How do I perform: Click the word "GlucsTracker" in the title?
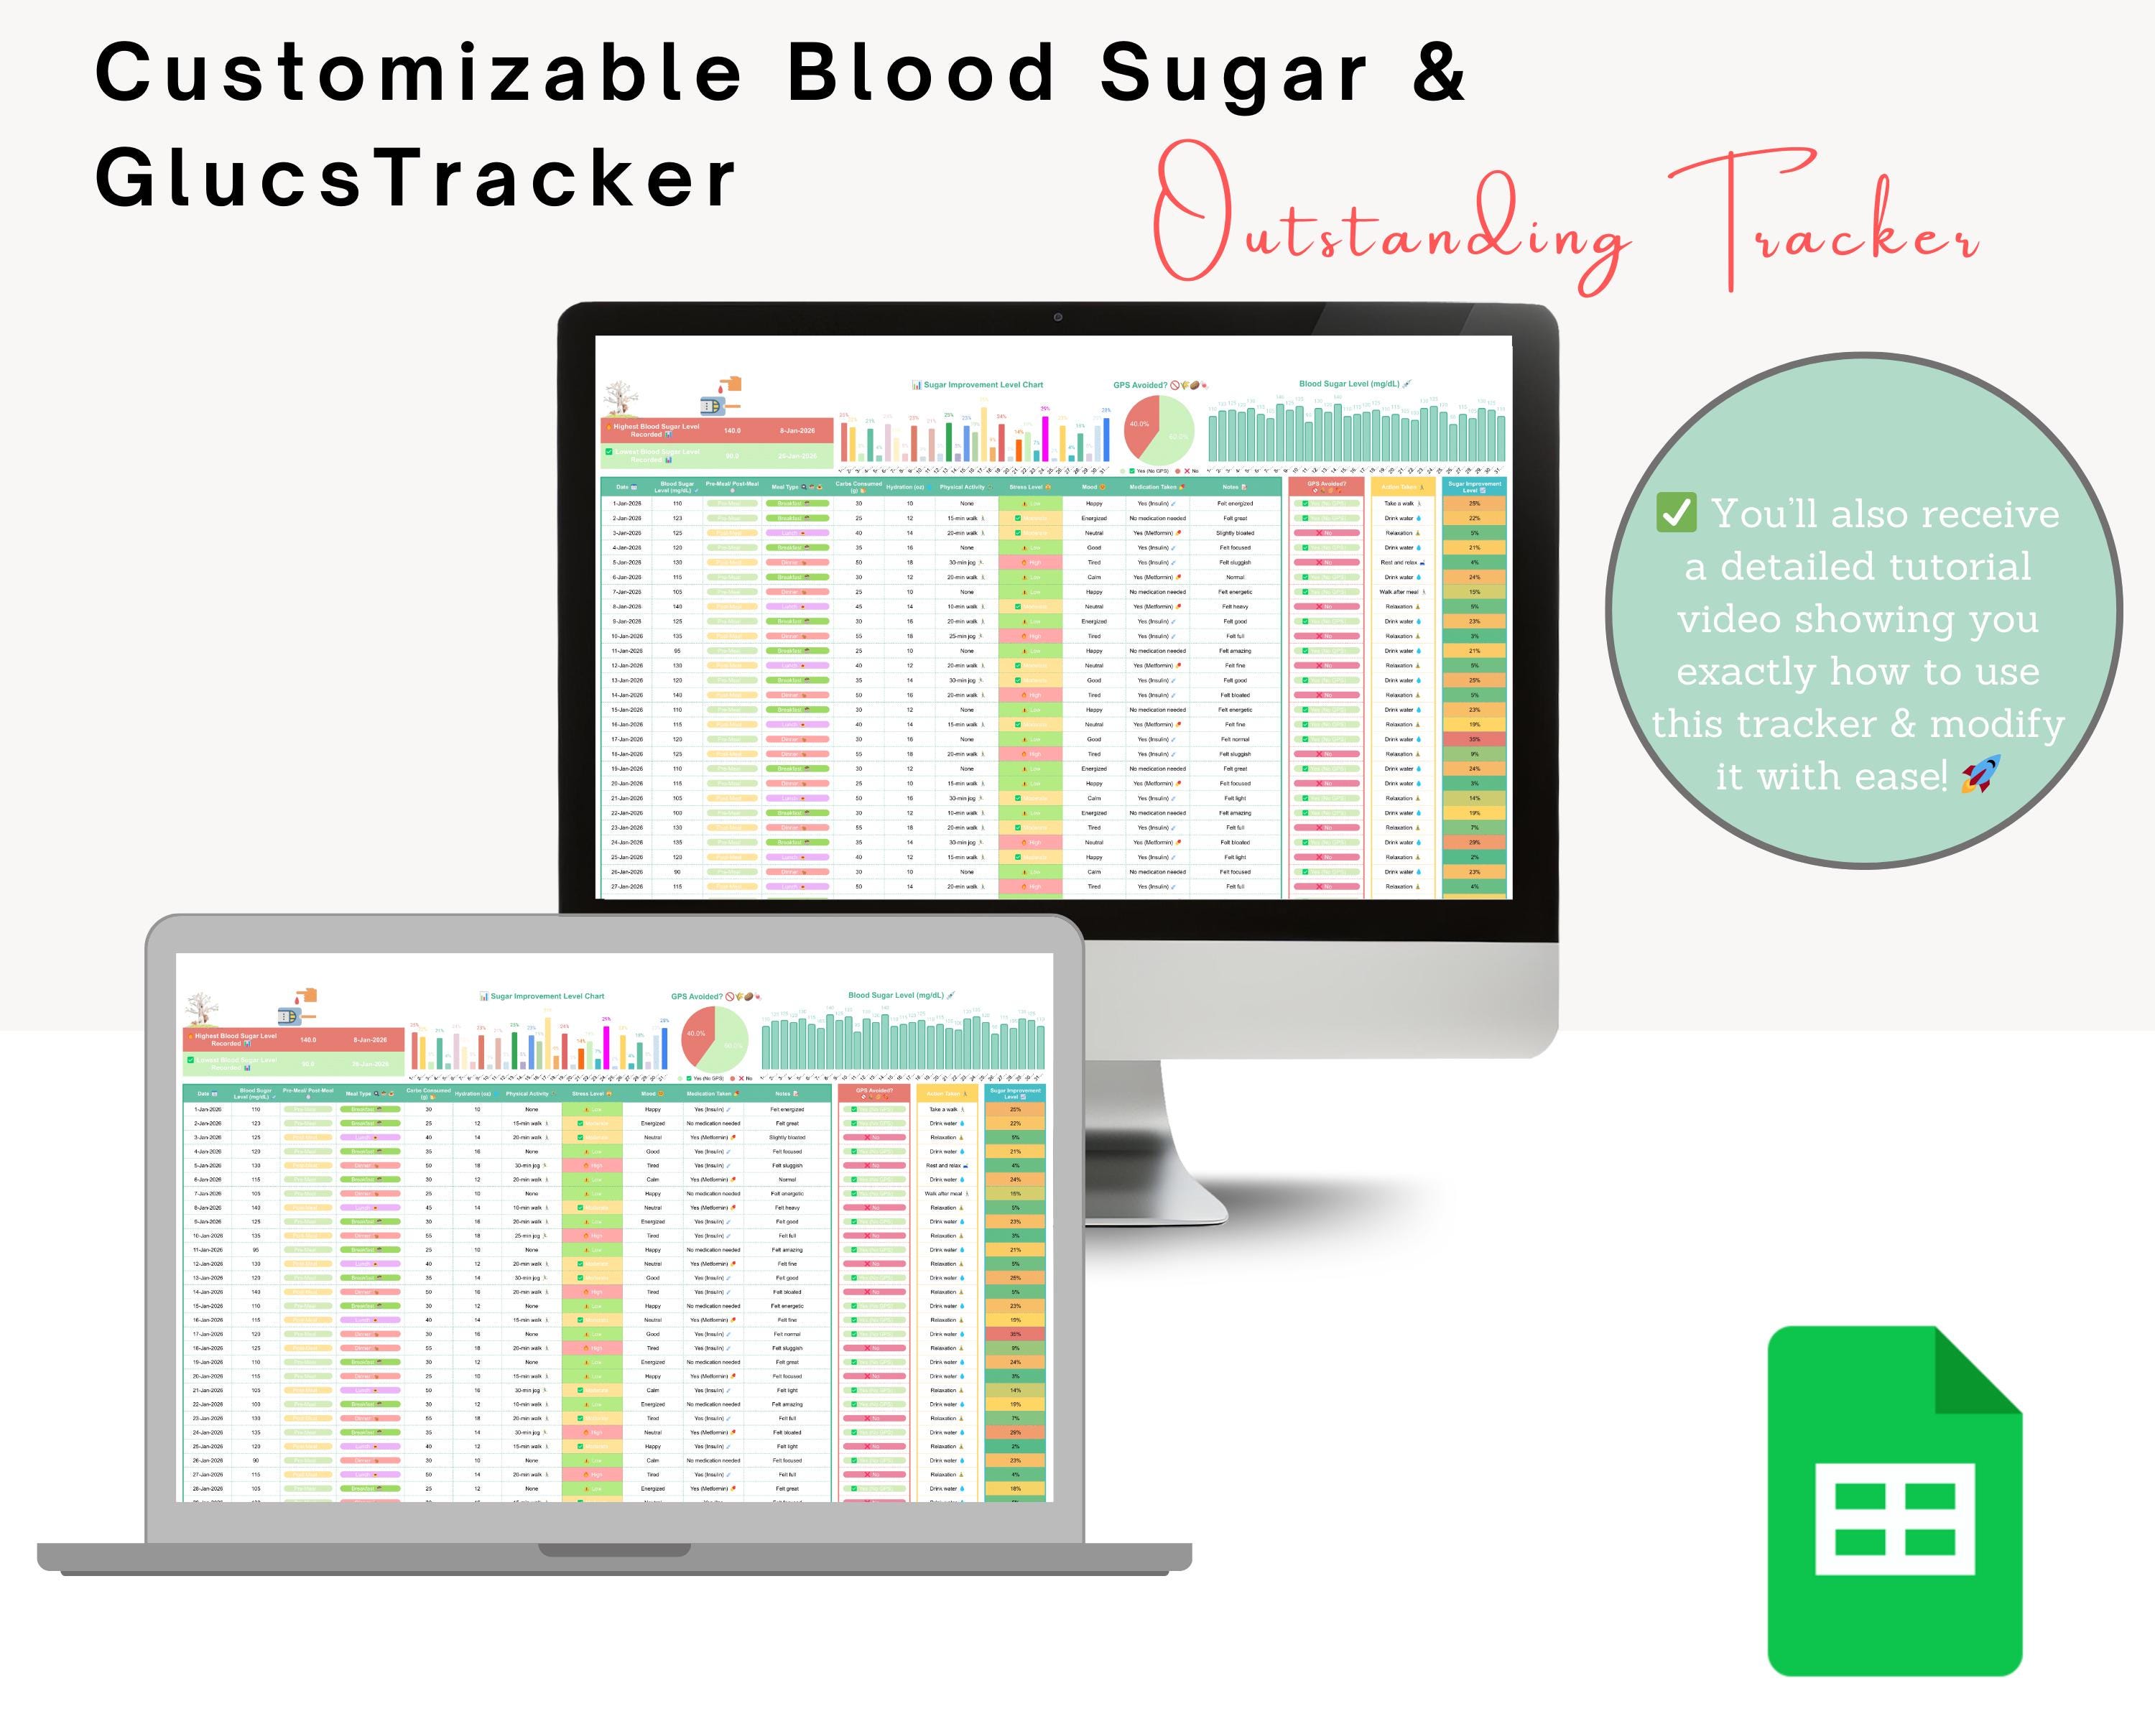[414, 179]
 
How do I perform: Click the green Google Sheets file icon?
[1894, 1500]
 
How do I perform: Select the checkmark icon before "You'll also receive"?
[1676, 513]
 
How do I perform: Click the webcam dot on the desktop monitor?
[1057, 317]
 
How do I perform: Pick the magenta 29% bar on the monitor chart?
[1045, 437]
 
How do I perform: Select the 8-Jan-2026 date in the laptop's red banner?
[370, 1039]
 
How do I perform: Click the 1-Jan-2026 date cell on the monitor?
[626, 504]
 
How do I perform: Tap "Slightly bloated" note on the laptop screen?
[787, 1137]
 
